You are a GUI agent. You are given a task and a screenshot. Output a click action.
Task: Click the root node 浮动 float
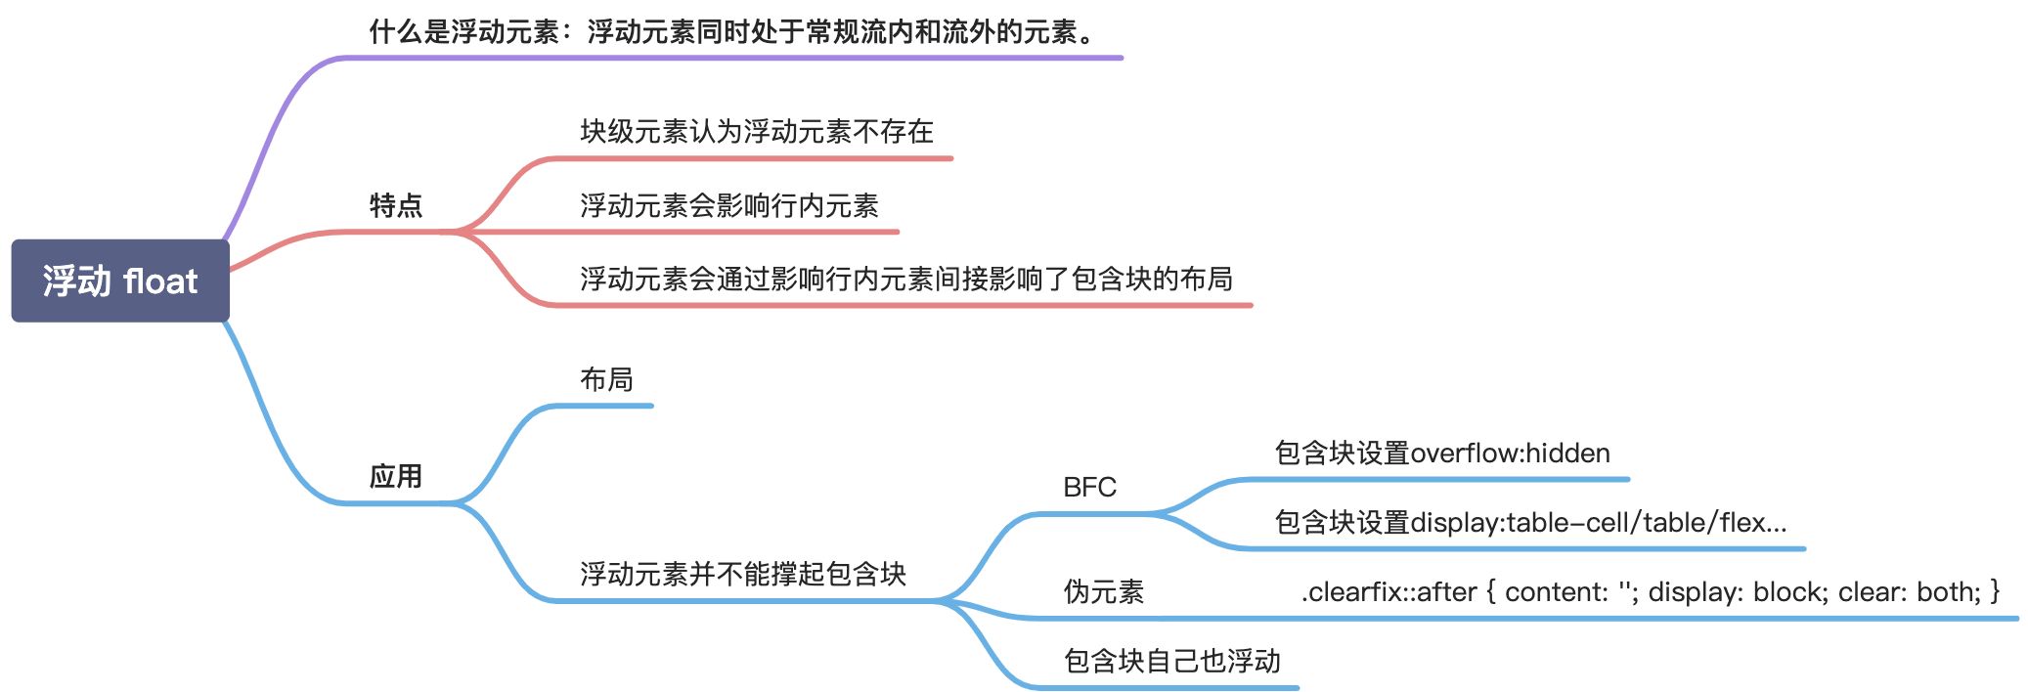[x=120, y=281]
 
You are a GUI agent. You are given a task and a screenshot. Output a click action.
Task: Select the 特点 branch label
[x=396, y=205]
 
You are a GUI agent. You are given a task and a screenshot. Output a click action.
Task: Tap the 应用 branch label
[x=396, y=476]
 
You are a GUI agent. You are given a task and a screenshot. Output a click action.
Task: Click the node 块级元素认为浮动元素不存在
[x=756, y=131]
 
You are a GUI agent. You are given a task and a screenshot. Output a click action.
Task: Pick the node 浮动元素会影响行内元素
[x=728, y=205]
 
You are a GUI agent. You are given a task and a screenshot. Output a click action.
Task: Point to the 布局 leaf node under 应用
[x=606, y=379]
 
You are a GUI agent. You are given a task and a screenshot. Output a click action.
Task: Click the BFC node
[x=1089, y=487]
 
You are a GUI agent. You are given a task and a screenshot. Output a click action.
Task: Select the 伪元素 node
[x=1103, y=591]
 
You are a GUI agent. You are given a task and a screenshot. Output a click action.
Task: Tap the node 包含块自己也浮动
[x=1171, y=661]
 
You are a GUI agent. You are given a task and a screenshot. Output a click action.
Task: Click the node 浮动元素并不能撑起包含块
[x=742, y=574]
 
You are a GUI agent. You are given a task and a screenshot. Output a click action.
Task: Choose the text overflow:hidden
[x=1510, y=453]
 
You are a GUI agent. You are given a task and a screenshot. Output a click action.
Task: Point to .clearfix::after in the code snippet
[x=1389, y=591]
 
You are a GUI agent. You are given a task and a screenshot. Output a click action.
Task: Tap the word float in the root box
[x=161, y=281]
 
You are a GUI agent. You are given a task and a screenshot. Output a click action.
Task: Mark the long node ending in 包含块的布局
[x=905, y=279]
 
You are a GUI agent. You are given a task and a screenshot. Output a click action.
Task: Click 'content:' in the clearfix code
[x=1556, y=591]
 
